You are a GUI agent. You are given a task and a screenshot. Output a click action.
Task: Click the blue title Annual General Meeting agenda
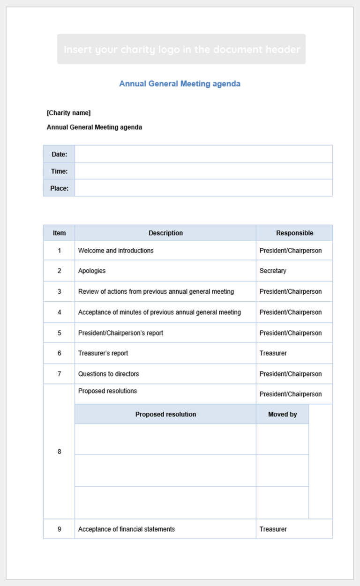pyautogui.click(x=180, y=84)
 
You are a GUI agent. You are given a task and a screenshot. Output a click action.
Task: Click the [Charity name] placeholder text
pyautogui.click(x=68, y=113)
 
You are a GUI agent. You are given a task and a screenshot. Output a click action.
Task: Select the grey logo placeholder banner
pyautogui.click(x=181, y=49)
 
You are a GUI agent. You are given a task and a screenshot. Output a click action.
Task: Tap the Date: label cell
pyautogui.click(x=59, y=154)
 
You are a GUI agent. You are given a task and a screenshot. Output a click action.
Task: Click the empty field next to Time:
pyautogui.click(x=203, y=171)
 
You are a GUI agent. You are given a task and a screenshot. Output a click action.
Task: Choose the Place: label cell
pyautogui.click(x=59, y=188)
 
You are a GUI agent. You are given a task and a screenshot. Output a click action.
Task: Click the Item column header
pyautogui.click(x=59, y=233)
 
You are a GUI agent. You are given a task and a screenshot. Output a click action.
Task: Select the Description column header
pyautogui.click(x=165, y=233)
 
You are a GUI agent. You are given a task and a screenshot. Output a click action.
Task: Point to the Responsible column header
pyautogui.click(x=294, y=233)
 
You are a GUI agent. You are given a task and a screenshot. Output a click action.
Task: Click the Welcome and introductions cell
pyautogui.click(x=116, y=251)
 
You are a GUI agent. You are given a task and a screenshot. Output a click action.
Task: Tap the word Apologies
pyautogui.click(x=92, y=271)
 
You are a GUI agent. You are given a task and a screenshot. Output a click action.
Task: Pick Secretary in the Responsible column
pyautogui.click(x=273, y=271)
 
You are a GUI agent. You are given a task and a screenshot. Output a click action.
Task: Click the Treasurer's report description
pyautogui.click(x=103, y=353)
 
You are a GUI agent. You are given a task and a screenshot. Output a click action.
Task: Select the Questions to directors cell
pyautogui.click(x=108, y=374)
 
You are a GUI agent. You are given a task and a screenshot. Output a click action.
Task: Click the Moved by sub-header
pyautogui.click(x=282, y=414)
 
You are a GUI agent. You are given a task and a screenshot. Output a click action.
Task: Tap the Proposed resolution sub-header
pyautogui.click(x=165, y=414)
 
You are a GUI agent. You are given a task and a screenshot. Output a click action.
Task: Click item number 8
pyautogui.click(x=59, y=452)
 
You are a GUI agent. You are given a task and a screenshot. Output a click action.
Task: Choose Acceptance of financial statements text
pyautogui.click(x=127, y=529)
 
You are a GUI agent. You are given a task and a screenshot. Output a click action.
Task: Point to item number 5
pyautogui.click(x=59, y=333)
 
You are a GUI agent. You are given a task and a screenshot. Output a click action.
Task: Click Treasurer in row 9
pyautogui.click(x=273, y=529)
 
